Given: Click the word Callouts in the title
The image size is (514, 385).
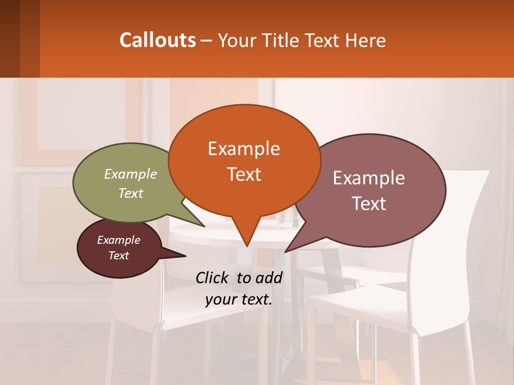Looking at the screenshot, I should [157, 40].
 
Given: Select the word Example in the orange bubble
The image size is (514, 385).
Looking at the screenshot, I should [244, 149].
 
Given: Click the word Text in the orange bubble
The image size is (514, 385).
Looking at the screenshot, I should [244, 174].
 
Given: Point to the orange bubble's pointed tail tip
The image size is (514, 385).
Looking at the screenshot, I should [247, 246].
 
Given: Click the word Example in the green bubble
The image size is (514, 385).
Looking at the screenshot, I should [131, 174].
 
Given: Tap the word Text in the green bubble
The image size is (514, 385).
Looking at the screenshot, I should [131, 193].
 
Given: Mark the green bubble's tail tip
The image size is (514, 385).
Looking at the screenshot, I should [204, 226].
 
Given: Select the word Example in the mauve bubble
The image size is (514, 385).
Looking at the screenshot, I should [369, 178].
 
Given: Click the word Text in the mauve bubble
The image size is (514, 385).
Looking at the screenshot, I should [369, 204].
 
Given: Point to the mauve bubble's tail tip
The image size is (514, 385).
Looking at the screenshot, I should [285, 252].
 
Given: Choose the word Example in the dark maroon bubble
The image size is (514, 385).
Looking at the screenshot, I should [118, 240].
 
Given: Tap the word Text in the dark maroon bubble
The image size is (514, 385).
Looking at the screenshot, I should [118, 256].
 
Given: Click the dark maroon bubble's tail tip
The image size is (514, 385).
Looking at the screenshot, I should [185, 256].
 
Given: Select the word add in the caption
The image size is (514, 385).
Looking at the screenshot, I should [269, 278].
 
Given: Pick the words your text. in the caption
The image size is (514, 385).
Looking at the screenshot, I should [239, 299].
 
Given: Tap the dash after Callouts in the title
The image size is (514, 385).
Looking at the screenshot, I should [207, 41].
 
